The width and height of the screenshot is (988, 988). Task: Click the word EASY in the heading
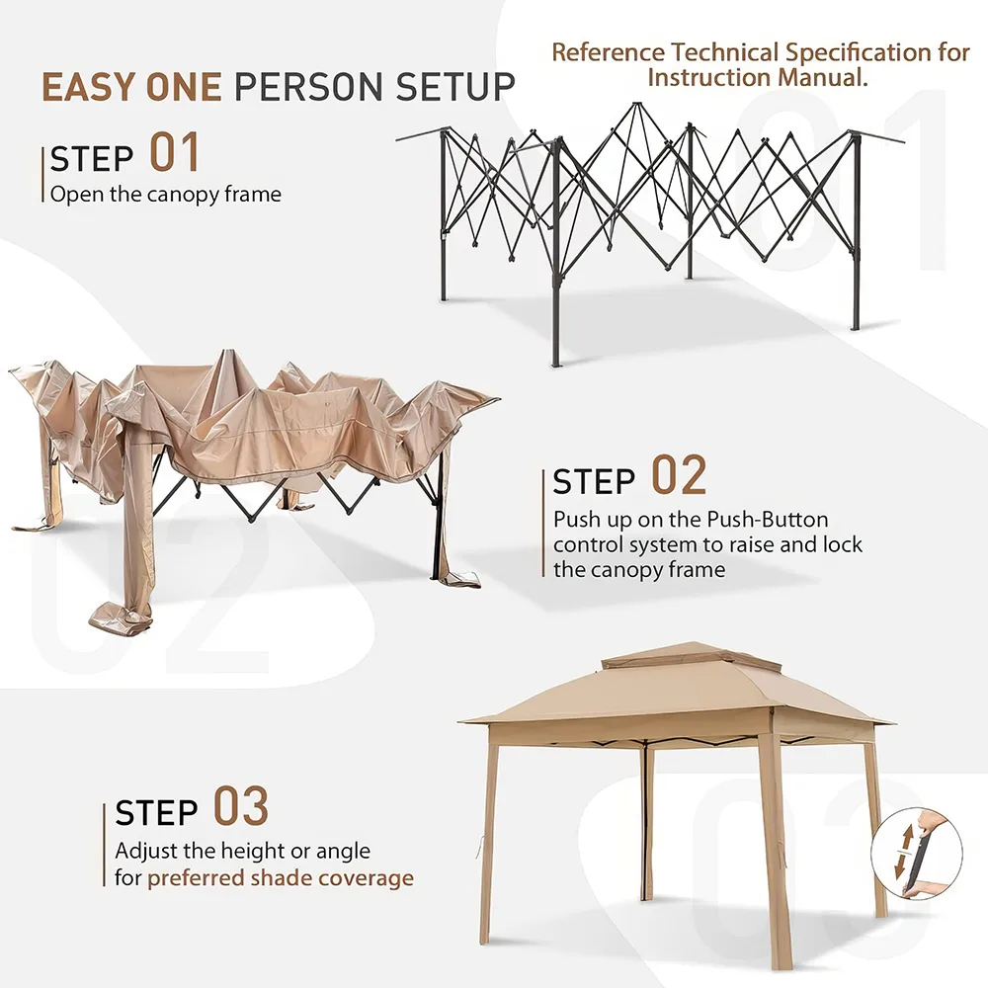click(87, 87)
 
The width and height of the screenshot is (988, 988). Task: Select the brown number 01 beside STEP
click(175, 152)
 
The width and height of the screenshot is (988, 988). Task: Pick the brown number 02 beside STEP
click(679, 475)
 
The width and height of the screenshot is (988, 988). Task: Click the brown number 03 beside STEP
click(241, 806)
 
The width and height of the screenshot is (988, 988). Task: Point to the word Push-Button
click(768, 520)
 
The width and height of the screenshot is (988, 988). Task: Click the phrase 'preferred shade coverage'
click(281, 878)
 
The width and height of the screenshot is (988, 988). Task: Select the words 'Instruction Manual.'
click(758, 77)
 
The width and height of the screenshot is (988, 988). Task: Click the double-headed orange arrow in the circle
click(907, 853)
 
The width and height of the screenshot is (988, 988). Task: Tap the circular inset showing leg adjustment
click(917, 854)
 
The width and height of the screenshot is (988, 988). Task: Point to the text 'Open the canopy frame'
click(166, 194)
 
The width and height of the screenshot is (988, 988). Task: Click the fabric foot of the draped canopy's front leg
click(121, 617)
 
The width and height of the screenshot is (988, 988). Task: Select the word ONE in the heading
click(184, 87)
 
